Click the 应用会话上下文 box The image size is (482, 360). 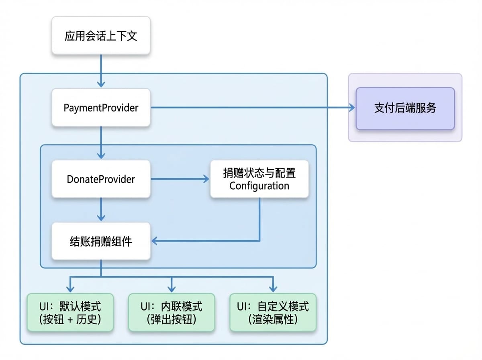(x=101, y=35)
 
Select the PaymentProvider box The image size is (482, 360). (x=101, y=107)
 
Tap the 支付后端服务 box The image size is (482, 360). (x=405, y=108)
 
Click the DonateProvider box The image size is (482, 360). (x=101, y=179)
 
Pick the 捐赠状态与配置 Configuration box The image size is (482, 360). (x=259, y=179)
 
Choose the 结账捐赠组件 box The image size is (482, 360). (x=101, y=241)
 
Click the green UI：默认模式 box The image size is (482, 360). (x=70, y=312)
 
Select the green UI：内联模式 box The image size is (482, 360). (x=172, y=312)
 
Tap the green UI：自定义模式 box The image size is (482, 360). (x=273, y=312)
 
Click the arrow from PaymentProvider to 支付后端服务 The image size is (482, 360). (x=253, y=107)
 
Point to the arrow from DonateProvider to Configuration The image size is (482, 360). (x=180, y=179)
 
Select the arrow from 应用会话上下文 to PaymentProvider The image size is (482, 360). (x=101, y=71)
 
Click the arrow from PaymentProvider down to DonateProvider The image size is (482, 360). (x=101, y=143)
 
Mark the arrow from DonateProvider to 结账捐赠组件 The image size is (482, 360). (x=101, y=209)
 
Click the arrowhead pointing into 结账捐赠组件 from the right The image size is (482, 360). (x=154, y=241)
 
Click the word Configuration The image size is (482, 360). (x=259, y=186)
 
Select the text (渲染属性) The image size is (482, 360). (x=273, y=319)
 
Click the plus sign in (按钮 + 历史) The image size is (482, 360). (x=70, y=319)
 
